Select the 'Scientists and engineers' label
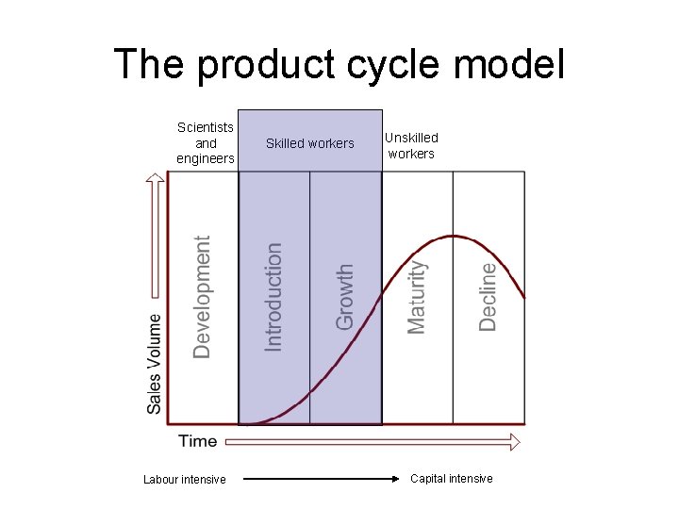(206, 143)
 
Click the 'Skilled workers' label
(310, 143)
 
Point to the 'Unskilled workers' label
(411, 145)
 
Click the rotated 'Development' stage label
(202, 297)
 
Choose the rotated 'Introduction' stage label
(273, 296)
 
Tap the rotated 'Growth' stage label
(345, 296)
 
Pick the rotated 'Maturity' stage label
(417, 297)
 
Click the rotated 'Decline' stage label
(488, 296)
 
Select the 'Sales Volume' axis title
(154, 363)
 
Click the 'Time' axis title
(198, 441)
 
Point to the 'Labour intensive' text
(185, 480)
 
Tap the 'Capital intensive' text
(451, 479)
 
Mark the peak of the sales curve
(455, 236)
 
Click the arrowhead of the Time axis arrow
(514, 441)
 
